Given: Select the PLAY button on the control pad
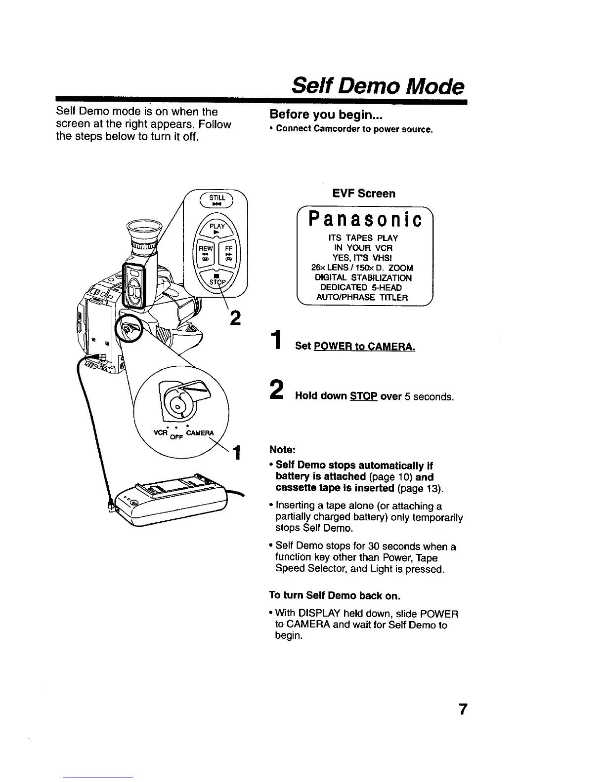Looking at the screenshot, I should (216, 228).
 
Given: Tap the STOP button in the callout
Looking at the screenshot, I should (216, 279).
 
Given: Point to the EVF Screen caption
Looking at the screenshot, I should (364, 194).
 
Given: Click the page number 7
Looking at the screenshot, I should (462, 709).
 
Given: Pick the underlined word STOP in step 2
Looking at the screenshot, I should (363, 396).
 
